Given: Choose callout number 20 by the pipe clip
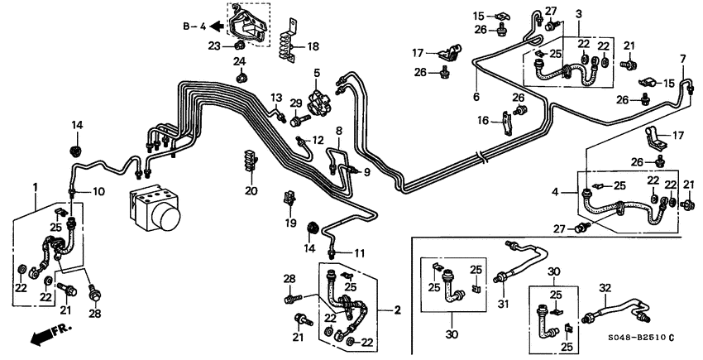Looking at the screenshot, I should (x=251, y=191).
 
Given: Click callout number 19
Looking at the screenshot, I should (x=289, y=223).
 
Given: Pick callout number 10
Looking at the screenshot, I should (x=98, y=192).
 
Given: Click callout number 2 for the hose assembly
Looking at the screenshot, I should (x=397, y=310).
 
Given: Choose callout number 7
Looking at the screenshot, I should (x=682, y=59).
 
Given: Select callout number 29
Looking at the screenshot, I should (x=295, y=102).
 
